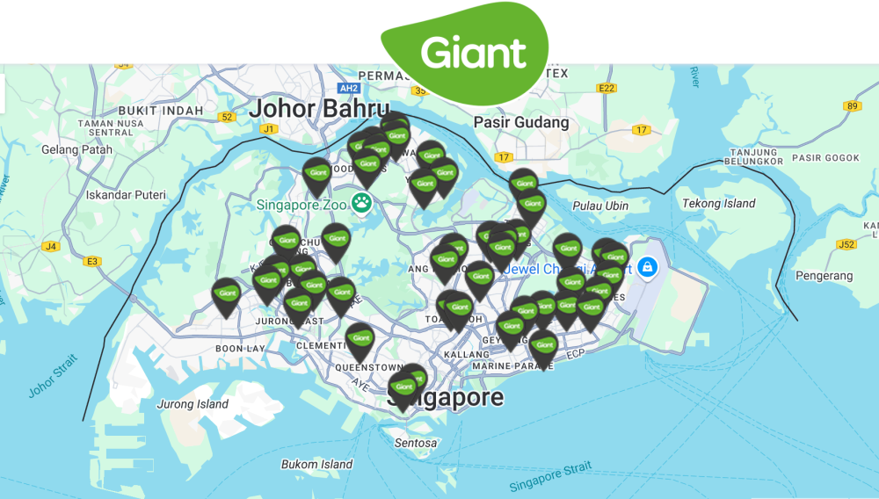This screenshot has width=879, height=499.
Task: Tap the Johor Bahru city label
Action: tap(318, 110)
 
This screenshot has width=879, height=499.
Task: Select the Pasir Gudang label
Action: tap(521, 123)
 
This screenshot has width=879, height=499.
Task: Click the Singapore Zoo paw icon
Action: tap(361, 204)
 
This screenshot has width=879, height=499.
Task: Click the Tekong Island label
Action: tap(718, 204)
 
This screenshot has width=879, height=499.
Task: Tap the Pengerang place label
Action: tap(824, 276)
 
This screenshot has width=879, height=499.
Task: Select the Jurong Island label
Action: tap(192, 405)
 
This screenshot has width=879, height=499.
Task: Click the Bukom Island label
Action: tap(316, 464)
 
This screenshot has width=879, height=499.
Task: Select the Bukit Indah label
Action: tap(161, 111)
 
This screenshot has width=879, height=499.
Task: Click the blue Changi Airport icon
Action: tap(647, 266)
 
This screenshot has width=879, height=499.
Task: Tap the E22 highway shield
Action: tap(607, 88)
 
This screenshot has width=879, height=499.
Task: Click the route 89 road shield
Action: tap(850, 106)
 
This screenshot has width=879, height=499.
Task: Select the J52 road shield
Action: tap(846, 244)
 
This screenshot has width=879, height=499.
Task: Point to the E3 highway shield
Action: tap(92, 261)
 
